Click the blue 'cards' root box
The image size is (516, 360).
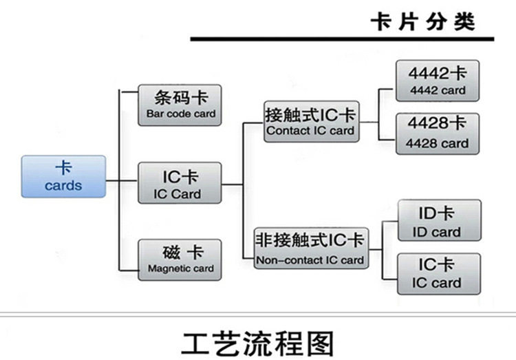63,176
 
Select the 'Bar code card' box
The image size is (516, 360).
180,105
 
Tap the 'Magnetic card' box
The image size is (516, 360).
180,260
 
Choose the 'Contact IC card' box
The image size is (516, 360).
311,122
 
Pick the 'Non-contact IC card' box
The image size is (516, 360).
311,248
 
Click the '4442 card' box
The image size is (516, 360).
438,81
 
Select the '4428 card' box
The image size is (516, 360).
438,134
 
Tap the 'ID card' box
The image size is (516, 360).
440,220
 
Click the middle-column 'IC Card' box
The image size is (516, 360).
180,183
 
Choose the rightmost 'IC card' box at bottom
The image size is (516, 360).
439,274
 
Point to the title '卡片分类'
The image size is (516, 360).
423,22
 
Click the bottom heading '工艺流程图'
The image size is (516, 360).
258,344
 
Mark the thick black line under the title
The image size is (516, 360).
342,39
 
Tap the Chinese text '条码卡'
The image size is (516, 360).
182,98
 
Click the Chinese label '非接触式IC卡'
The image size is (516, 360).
310,240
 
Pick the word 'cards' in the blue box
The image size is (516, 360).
63,185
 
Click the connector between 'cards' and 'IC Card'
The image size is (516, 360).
122,180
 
